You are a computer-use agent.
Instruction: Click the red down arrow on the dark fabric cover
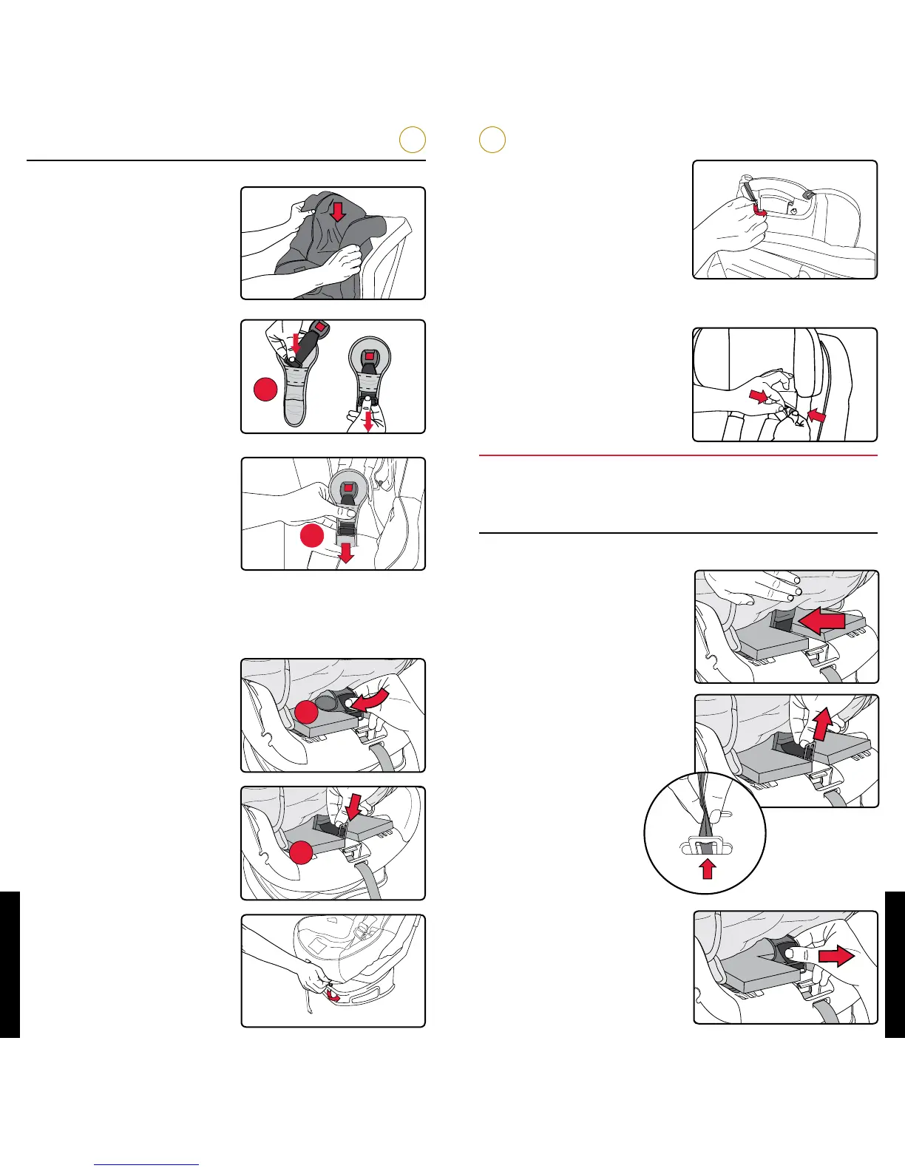point(338,212)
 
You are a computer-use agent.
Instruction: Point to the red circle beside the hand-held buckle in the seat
point(312,536)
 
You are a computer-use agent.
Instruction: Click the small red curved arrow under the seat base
point(334,999)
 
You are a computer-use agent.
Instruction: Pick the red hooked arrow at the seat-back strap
point(758,212)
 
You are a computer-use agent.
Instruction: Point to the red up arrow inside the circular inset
point(708,869)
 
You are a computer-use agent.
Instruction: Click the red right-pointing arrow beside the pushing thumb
point(836,956)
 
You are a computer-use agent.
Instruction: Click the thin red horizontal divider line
point(678,455)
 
